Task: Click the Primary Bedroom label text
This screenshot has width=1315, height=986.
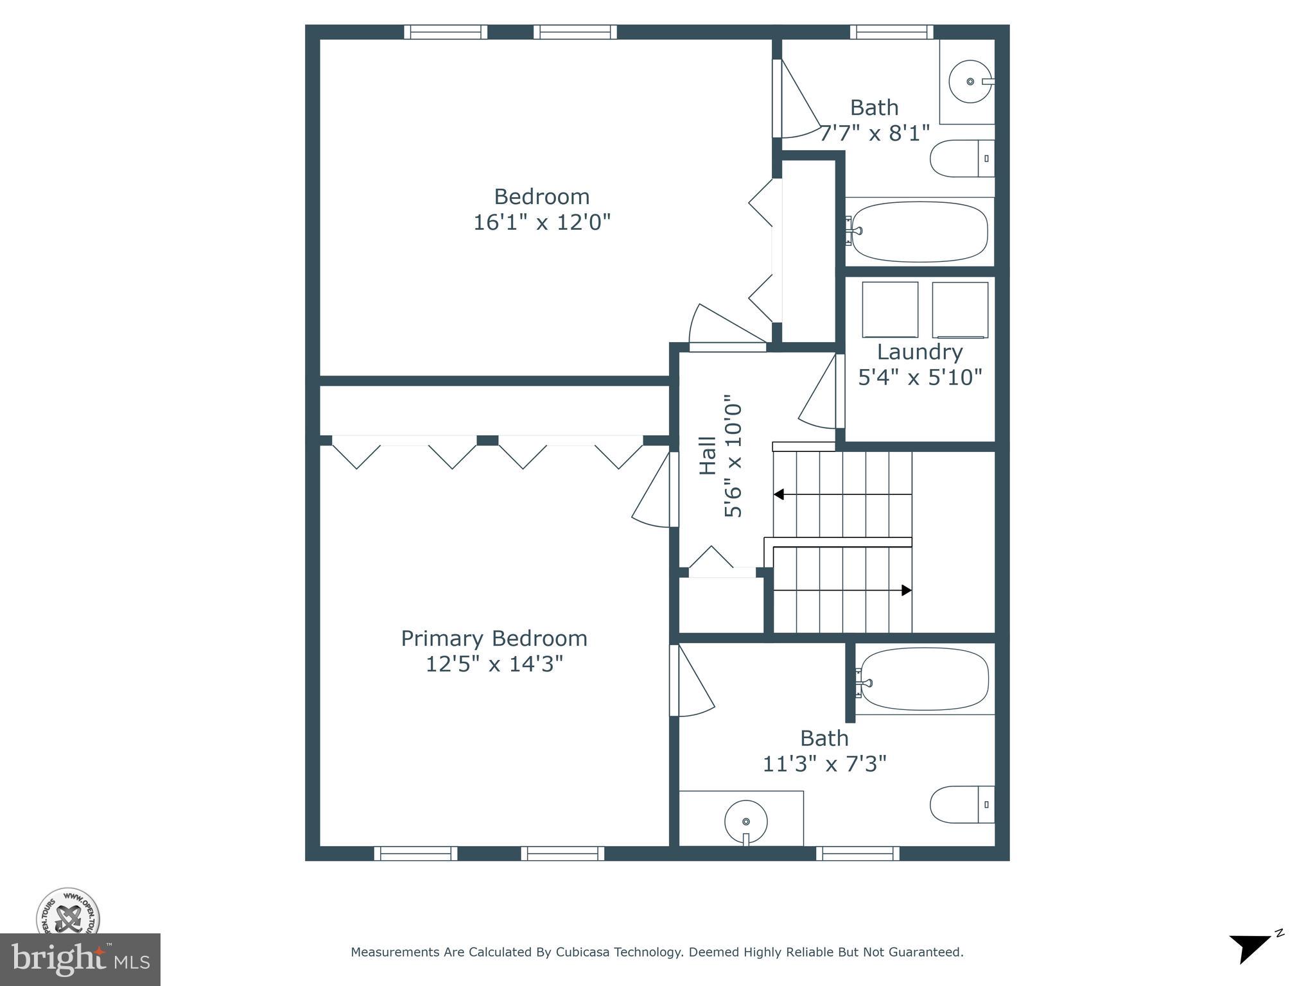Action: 494,638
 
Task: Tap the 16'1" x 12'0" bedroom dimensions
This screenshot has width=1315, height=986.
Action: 541,222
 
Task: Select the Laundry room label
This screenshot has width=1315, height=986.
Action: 919,352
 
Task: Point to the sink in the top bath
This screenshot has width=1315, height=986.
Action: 970,82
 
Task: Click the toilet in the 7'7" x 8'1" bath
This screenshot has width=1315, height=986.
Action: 961,159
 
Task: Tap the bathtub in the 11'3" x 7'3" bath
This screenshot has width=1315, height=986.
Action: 925,679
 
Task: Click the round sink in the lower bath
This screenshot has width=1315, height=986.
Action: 746,822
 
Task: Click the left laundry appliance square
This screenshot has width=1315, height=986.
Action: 890,309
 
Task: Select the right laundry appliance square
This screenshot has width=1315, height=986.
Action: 960,309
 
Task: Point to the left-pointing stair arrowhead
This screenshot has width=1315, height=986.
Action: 779,494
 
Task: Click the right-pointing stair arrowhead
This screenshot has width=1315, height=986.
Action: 907,590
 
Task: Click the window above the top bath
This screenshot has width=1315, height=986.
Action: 891,32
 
